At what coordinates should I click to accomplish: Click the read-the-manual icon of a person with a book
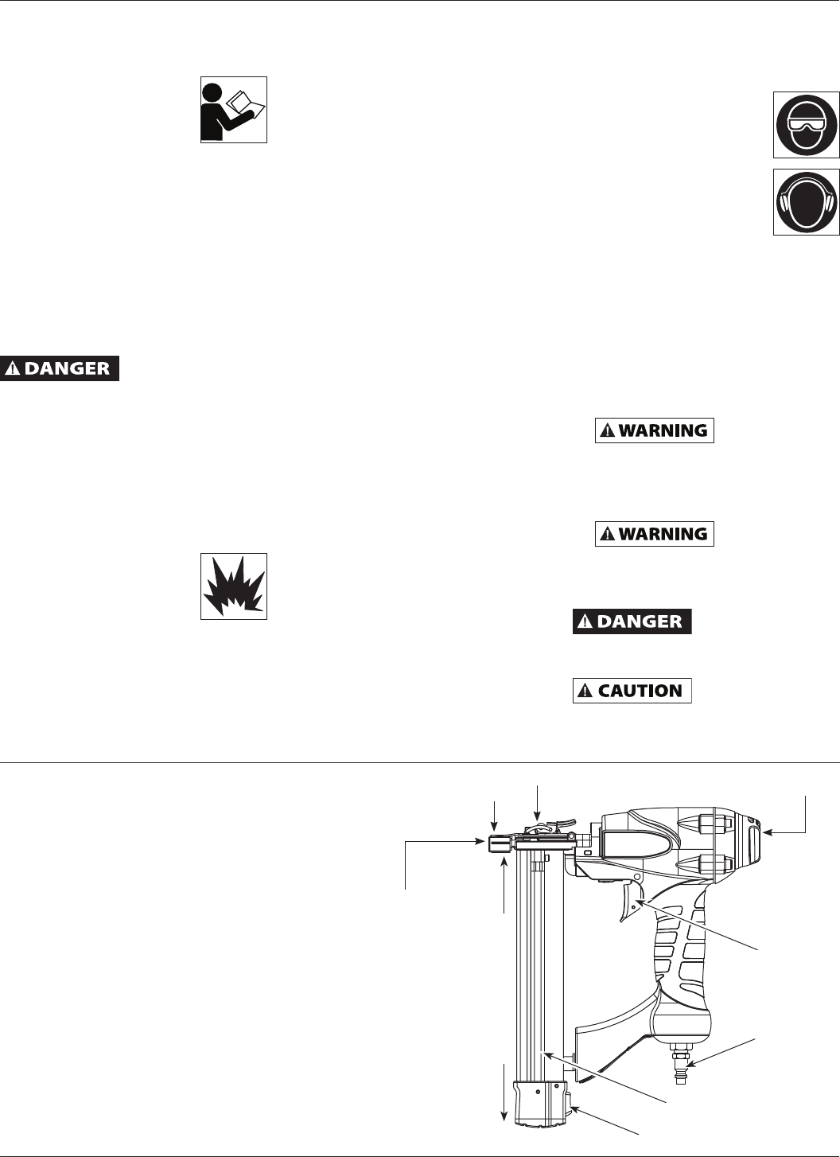point(233,110)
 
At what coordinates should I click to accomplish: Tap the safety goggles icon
point(806,125)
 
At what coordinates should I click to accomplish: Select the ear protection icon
point(806,202)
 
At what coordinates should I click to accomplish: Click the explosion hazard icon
point(233,586)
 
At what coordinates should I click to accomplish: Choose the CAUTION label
point(632,691)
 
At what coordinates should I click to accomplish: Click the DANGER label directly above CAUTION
point(632,621)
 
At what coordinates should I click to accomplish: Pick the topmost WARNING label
point(655,430)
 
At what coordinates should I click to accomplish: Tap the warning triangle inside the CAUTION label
point(585,691)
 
